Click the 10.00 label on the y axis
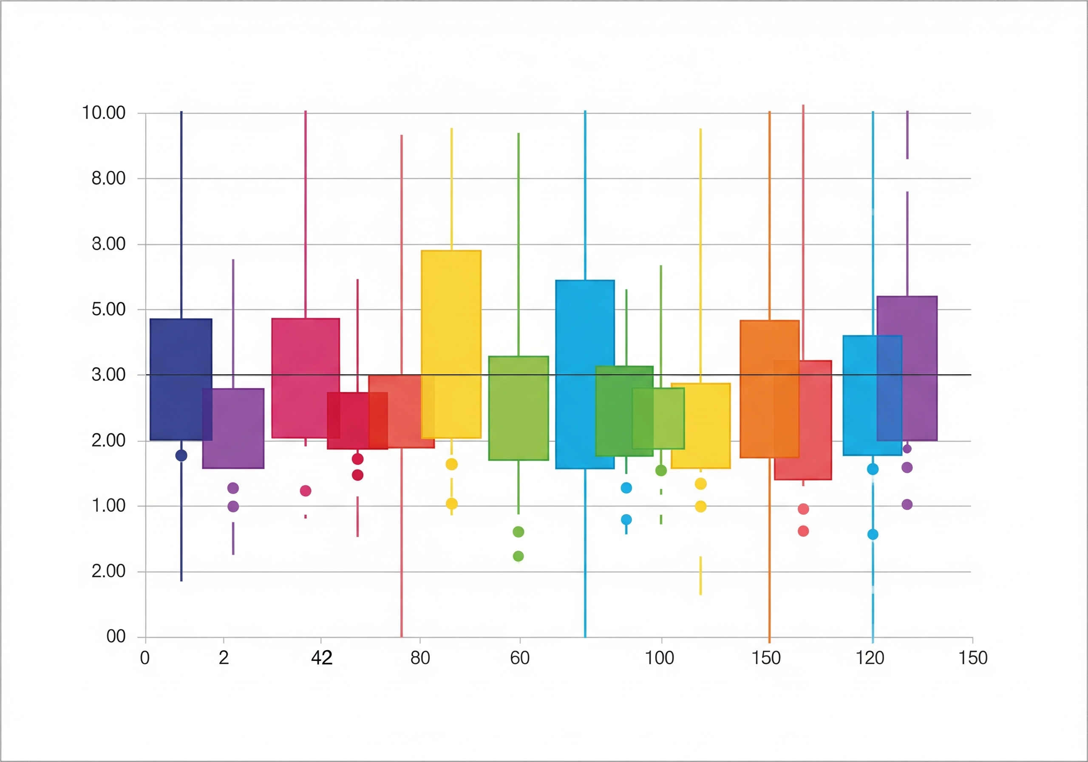(x=103, y=113)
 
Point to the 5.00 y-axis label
(x=108, y=309)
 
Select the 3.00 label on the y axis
(x=108, y=375)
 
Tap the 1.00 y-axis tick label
(x=108, y=506)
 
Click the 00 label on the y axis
(x=116, y=636)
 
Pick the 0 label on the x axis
(x=144, y=658)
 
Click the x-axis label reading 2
(x=224, y=658)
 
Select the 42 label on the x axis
(x=321, y=658)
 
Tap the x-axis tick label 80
(x=420, y=658)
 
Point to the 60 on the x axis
(x=519, y=658)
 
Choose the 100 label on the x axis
(x=659, y=658)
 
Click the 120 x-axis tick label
(x=870, y=658)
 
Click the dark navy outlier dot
(x=181, y=455)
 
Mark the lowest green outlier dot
(x=518, y=556)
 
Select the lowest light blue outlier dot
(x=873, y=535)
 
